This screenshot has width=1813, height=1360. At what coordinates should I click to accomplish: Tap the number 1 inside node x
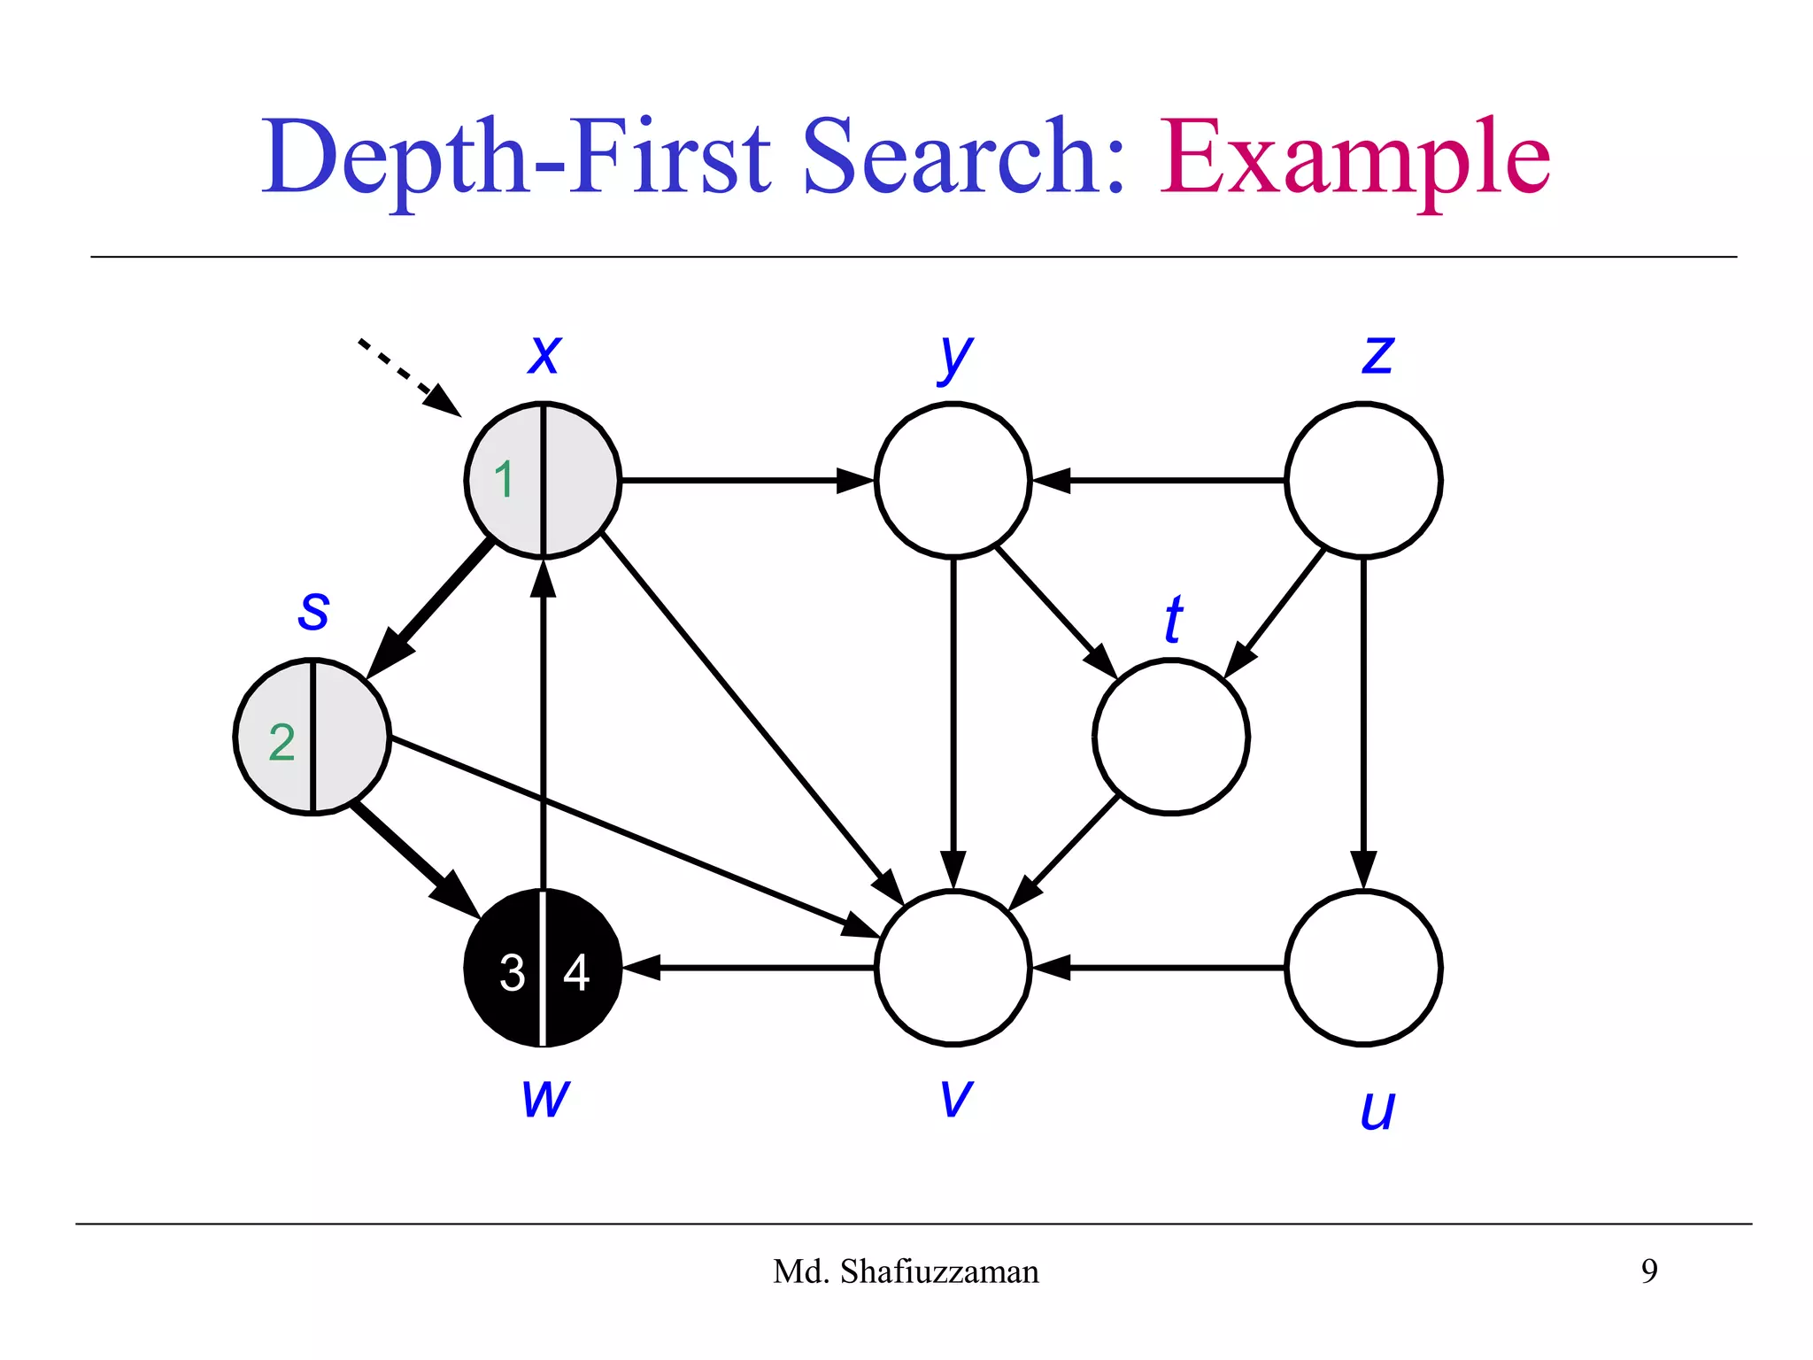(x=504, y=480)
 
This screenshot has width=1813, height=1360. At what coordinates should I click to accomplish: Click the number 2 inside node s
(x=282, y=742)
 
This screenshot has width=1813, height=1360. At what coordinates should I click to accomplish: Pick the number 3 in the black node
(x=512, y=972)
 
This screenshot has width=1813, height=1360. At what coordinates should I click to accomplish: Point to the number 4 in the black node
(x=576, y=972)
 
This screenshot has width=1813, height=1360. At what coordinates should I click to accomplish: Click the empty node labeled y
(x=953, y=480)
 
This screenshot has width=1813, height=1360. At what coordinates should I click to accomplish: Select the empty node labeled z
(x=1363, y=480)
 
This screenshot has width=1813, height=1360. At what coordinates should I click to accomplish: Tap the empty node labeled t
(x=1170, y=736)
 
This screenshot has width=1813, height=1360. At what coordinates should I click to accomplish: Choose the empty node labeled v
(x=953, y=968)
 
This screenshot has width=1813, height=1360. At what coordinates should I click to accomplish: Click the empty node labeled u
(x=1363, y=968)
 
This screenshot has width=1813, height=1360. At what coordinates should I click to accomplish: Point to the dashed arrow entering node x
(x=407, y=376)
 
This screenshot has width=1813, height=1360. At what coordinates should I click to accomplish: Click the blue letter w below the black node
(x=545, y=1098)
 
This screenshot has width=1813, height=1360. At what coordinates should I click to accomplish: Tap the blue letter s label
(x=313, y=611)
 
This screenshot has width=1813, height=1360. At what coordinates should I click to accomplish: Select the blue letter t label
(x=1174, y=619)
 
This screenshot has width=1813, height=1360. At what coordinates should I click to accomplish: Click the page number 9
(x=1649, y=1271)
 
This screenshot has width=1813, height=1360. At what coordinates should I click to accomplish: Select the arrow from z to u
(x=1363, y=717)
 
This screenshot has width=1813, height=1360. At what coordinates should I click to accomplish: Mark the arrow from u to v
(x=1160, y=968)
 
